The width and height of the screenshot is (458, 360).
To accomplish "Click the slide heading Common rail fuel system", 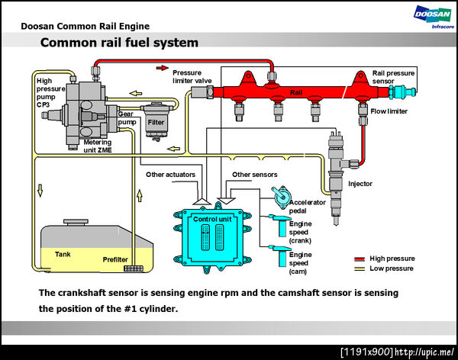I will click(119, 43).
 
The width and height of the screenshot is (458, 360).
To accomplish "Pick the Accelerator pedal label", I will click(308, 207).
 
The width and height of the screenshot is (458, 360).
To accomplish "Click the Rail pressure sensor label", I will click(394, 77).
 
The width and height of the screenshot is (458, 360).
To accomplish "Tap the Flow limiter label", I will click(389, 111).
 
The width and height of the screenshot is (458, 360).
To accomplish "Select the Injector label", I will click(360, 183).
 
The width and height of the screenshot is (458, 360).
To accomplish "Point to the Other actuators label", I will click(170, 175).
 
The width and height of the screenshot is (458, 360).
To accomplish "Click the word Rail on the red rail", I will click(297, 92).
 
